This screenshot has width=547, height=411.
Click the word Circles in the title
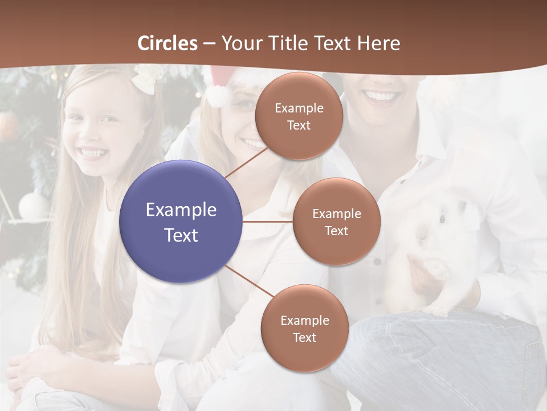click(x=168, y=43)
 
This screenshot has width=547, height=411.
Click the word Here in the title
click(x=378, y=43)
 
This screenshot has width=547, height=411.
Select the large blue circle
click(x=181, y=221)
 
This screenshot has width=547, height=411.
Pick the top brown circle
click(x=299, y=116)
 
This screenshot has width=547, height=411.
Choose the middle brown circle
click(x=336, y=221)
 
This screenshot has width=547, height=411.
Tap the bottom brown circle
click(x=304, y=329)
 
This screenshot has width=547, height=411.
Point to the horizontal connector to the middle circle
click(x=268, y=221)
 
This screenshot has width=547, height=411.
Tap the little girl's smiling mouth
click(x=93, y=153)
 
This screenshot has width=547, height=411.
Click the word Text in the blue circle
click(x=181, y=235)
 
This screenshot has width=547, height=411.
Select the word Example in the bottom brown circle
click(x=304, y=321)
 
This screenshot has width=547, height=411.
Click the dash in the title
click(x=209, y=44)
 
